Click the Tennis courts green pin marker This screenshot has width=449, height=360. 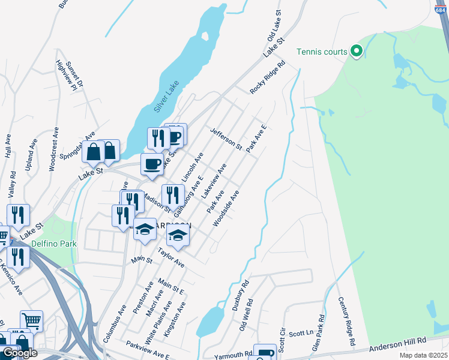tap(356, 52)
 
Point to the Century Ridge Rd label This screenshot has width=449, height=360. tap(346, 320)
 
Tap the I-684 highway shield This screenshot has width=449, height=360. tap(441, 9)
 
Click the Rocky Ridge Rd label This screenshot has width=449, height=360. tap(268, 77)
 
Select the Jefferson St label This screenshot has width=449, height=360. tap(226, 139)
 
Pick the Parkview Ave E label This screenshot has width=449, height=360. tap(147, 350)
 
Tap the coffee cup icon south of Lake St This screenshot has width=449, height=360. tap(151, 164)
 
